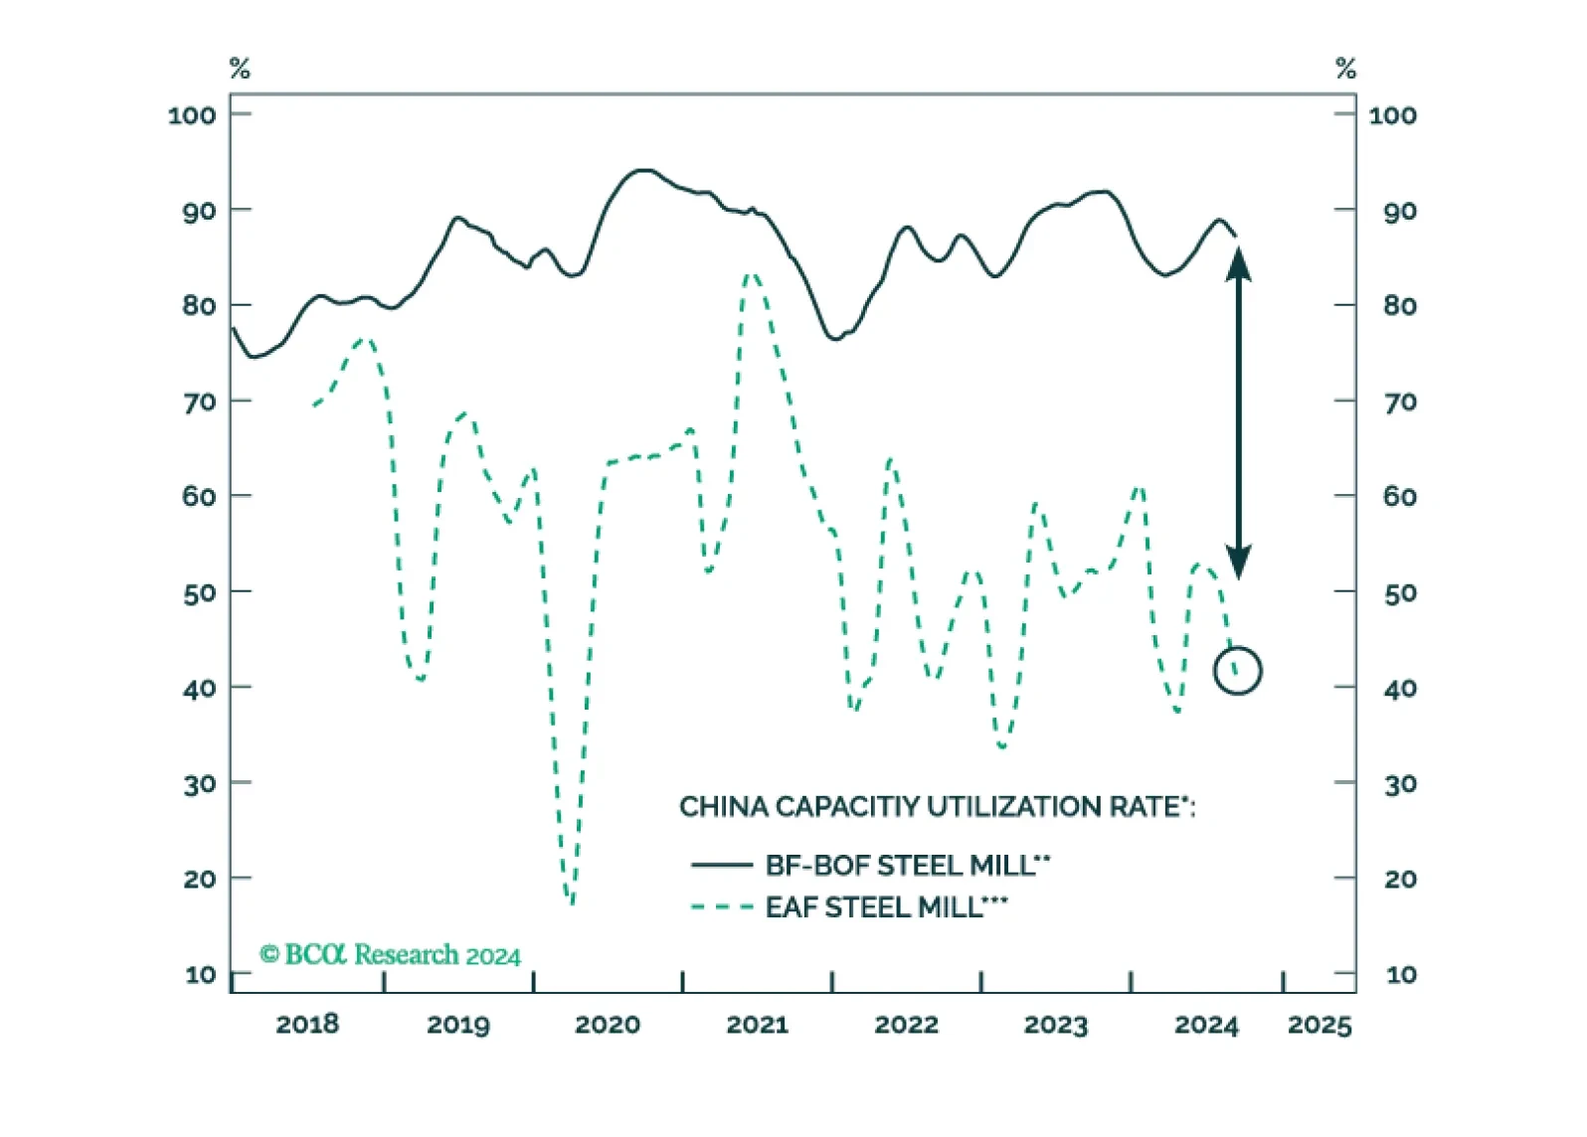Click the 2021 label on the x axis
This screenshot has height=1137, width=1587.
(x=757, y=1025)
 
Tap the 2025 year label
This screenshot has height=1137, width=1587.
(x=1320, y=1025)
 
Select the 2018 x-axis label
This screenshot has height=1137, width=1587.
(x=307, y=1025)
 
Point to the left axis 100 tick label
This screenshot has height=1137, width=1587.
(x=191, y=115)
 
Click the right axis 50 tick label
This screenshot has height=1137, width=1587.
(x=1400, y=592)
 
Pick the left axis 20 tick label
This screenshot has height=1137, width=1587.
(x=199, y=880)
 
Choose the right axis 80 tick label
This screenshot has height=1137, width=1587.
(x=1400, y=306)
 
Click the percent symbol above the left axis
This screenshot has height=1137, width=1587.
(x=240, y=69)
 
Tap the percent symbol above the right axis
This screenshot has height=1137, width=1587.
(x=1345, y=69)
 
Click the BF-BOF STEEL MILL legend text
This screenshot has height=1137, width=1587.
(x=908, y=865)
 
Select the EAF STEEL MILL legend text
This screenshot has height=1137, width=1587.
(x=886, y=907)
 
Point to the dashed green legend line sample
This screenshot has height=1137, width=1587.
(x=722, y=907)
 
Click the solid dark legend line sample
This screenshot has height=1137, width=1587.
(x=722, y=865)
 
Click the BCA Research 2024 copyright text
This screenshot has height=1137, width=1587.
(x=391, y=954)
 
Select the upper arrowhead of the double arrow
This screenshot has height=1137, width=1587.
(x=1238, y=263)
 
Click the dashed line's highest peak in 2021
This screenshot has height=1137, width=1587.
(x=751, y=274)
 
